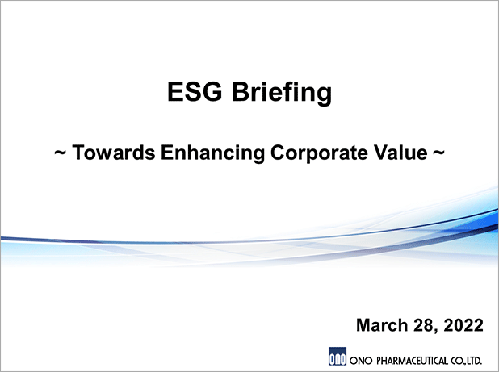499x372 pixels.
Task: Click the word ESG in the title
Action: pyautogui.click(x=195, y=91)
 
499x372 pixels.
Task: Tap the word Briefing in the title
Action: pyautogui.click(x=282, y=93)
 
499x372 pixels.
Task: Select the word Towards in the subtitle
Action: pyautogui.click(x=114, y=152)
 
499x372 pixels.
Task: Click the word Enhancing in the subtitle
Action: pyautogui.click(x=212, y=153)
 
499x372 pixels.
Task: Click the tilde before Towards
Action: pyautogui.click(x=60, y=153)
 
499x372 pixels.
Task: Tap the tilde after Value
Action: pyautogui.click(x=438, y=153)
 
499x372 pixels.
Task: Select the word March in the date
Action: pyautogui.click(x=382, y=325)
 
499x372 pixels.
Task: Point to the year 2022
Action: pyautogui.click(x=463, y=325)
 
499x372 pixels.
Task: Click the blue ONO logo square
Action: pyautogui.click(x=338, y=357)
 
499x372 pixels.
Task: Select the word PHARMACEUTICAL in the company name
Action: pyautogui.click(x=412, y=361)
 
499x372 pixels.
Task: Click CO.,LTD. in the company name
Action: pyautogui.click(x=466, y=361)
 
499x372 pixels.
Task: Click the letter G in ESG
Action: pyautogui.click(x=212, y=91)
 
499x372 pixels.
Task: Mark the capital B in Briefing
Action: pyautogui.click(x=241, y=91)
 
